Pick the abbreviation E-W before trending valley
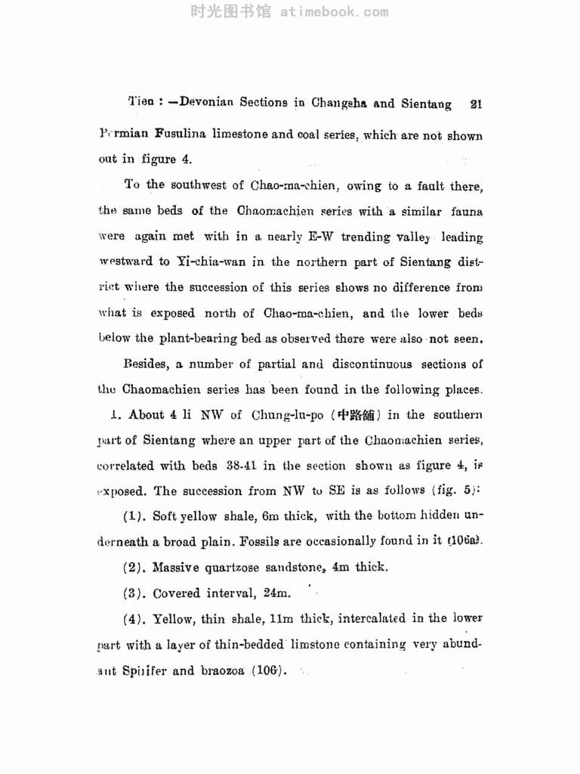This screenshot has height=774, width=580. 322,237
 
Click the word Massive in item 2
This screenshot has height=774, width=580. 178,567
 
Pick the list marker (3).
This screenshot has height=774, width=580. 134,593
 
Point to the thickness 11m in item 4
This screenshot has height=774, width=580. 282,618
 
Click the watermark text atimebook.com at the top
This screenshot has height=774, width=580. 335,11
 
